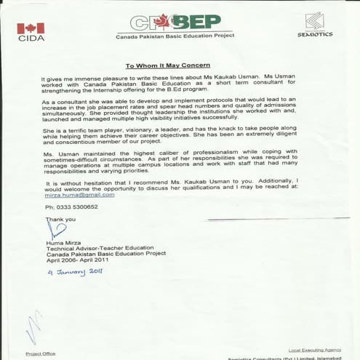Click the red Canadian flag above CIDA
tap(31, 28)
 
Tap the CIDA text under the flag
tap(31, 39)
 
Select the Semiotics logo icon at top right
tap(315, 20)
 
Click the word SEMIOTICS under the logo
tap(314, 34)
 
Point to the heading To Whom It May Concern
tap(180, 64)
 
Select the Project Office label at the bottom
tap(41, 353)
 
